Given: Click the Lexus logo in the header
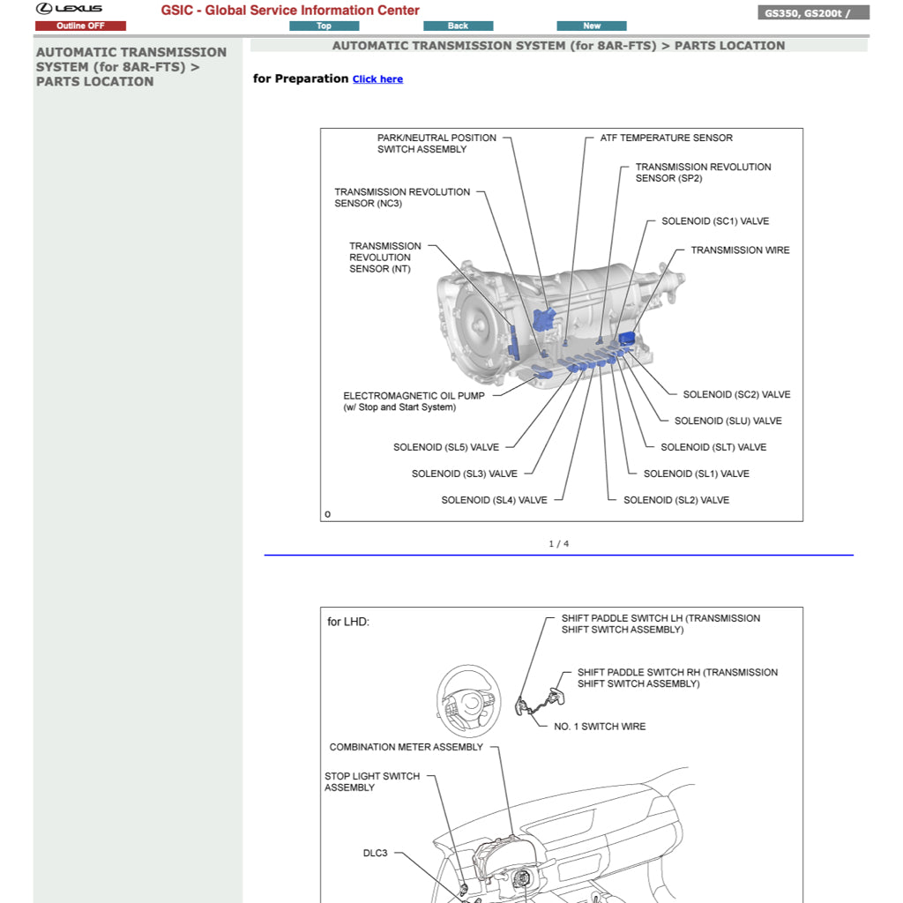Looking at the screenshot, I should point(69,9).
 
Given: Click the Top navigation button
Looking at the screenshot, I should point(324,26).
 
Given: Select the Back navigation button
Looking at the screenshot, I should point(458,26).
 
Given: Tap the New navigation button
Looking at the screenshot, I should point(592,26).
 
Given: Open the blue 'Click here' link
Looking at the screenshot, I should point(377,79).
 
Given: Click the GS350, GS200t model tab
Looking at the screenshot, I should point(813,13).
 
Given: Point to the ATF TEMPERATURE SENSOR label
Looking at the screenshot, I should point(666,138).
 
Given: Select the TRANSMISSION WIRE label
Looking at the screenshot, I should point(740,250).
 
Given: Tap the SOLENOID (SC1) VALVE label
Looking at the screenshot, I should point(715,221).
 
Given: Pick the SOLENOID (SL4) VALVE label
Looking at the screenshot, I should point(494,500).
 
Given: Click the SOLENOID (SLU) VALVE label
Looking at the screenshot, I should point(728,422).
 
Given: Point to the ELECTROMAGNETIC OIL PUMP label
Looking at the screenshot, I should point(414,401).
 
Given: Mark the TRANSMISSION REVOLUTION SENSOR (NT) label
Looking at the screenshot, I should point(384,257).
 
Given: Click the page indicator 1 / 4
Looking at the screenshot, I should point(558,544).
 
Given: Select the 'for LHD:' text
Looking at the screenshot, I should point(348,622).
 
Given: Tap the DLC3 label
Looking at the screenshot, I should point(375,854).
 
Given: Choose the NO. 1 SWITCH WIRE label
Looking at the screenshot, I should point(599,727).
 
